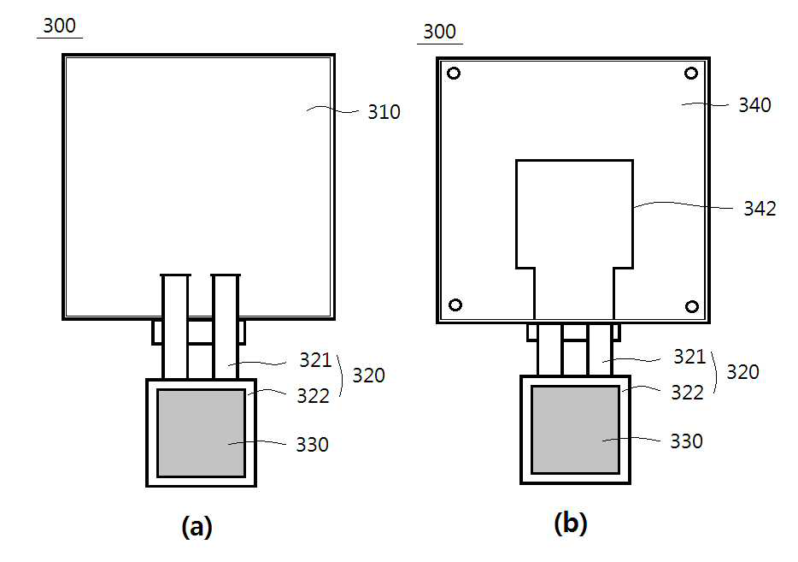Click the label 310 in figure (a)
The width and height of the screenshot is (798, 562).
click(384, 112)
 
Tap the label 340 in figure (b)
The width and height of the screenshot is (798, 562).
click(754, 105)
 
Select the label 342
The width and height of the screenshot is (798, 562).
click(760, 208)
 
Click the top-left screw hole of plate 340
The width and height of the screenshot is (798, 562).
click(454, 74)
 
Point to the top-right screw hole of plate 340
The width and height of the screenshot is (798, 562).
click(691, 74)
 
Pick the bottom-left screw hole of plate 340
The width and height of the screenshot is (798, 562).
click(455, 305)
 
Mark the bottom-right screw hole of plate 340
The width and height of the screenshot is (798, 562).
click(692, 306)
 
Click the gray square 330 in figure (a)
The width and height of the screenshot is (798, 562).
click(201, 433)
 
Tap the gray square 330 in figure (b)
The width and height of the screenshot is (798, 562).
click(575, 429)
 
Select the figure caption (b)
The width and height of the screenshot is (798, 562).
click(571, 524)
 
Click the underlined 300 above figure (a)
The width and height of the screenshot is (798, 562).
click(59, 26)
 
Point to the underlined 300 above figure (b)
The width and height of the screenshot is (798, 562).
click(440, 33)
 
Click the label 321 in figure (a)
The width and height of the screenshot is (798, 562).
click(315, 360)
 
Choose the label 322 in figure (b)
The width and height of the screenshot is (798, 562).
click(687, 393)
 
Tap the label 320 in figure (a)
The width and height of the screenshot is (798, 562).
click(368, 376)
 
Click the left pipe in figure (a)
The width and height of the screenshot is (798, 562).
click(175, 325)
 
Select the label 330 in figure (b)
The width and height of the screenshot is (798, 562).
click(686, 441)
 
